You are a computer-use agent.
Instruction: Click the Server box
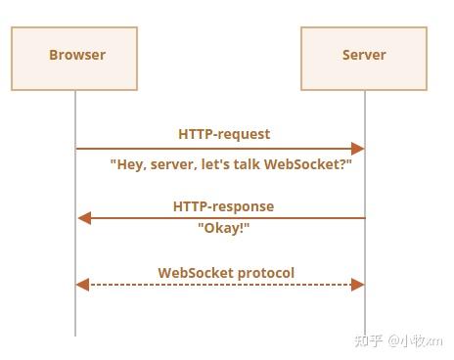pos(364,59)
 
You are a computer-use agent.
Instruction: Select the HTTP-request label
pos(224,134)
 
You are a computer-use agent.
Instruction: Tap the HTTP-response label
pos(223,206)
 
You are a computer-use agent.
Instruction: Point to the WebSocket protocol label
pos(226,273)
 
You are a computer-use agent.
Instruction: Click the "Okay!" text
pos(224,227)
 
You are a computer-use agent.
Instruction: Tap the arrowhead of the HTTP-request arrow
pos(358,149)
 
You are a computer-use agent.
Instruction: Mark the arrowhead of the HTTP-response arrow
pos(83,218)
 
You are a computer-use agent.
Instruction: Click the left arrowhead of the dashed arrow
pos(83,285)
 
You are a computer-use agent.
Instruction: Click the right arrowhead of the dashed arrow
pos(358,285)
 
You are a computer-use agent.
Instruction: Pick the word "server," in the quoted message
pos(174,165)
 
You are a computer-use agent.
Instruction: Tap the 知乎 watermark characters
pos(368,340)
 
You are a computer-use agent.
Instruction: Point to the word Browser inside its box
pos(76,55)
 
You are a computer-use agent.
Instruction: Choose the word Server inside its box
pos(364,55)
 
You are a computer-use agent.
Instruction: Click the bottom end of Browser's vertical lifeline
pos(75,334)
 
